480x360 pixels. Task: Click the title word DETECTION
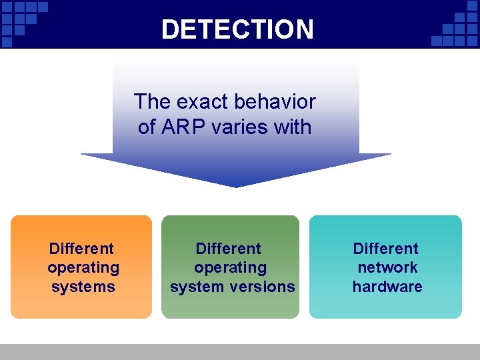[237, 29]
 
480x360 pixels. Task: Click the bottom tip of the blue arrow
[236, 187]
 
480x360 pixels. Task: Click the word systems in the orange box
[83, 287]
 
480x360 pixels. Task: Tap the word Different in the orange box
[81, 249]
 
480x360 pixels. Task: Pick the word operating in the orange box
[83, 268]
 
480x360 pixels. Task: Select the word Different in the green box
[228, 249]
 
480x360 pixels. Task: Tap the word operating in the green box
[230, 268]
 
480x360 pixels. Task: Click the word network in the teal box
[387, 267]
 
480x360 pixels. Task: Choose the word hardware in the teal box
[387, 287]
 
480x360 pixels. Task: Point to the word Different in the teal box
[386, 249]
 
